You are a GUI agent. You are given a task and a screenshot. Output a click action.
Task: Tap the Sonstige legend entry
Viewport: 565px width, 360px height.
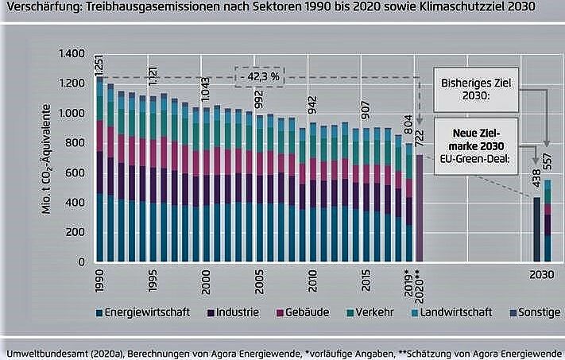click(x=539, y=312)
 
